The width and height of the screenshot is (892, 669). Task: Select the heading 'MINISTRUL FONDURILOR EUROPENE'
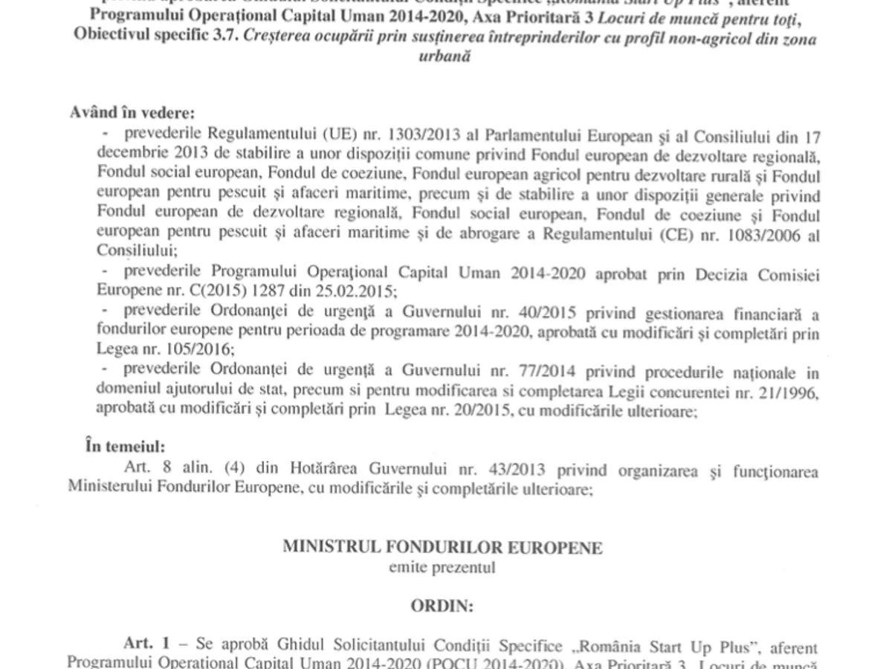click(442, 547)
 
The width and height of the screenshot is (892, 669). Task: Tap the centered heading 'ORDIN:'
click(442, 605)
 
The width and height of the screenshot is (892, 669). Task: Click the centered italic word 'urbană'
click(446, 56)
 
